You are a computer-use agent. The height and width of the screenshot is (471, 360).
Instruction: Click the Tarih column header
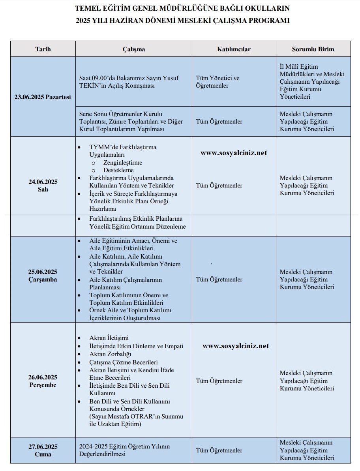point(43,49)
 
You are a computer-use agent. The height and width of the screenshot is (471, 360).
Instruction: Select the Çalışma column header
point(133,49)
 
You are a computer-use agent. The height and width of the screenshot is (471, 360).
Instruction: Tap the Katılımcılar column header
point(234,49)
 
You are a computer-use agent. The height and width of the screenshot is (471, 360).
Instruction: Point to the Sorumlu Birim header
point(313,49)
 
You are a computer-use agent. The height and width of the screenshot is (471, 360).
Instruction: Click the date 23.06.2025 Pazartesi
point(43,97)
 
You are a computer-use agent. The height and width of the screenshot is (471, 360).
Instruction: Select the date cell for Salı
point(43,186)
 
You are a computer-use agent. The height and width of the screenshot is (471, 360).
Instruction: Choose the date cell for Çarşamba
point(43,276)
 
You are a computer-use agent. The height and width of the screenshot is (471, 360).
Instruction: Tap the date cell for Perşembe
point(43,381)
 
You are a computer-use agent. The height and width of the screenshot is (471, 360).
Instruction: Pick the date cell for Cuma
point(43,450)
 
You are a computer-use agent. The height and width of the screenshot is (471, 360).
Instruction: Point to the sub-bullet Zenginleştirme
point(123,163)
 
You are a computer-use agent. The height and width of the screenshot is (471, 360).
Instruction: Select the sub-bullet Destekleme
point(118,170)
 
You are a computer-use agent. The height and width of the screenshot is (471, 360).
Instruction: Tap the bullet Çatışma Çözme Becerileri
point(124,362)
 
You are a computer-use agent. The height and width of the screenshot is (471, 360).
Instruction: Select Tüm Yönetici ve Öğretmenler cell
point(217,82)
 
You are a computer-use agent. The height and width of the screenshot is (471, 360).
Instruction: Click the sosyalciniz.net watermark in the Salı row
point(234,153)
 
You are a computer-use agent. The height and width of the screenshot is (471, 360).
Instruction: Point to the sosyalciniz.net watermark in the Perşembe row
point(236,346)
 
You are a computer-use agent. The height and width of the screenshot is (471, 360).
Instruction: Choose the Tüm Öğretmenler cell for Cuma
point(219,450)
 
